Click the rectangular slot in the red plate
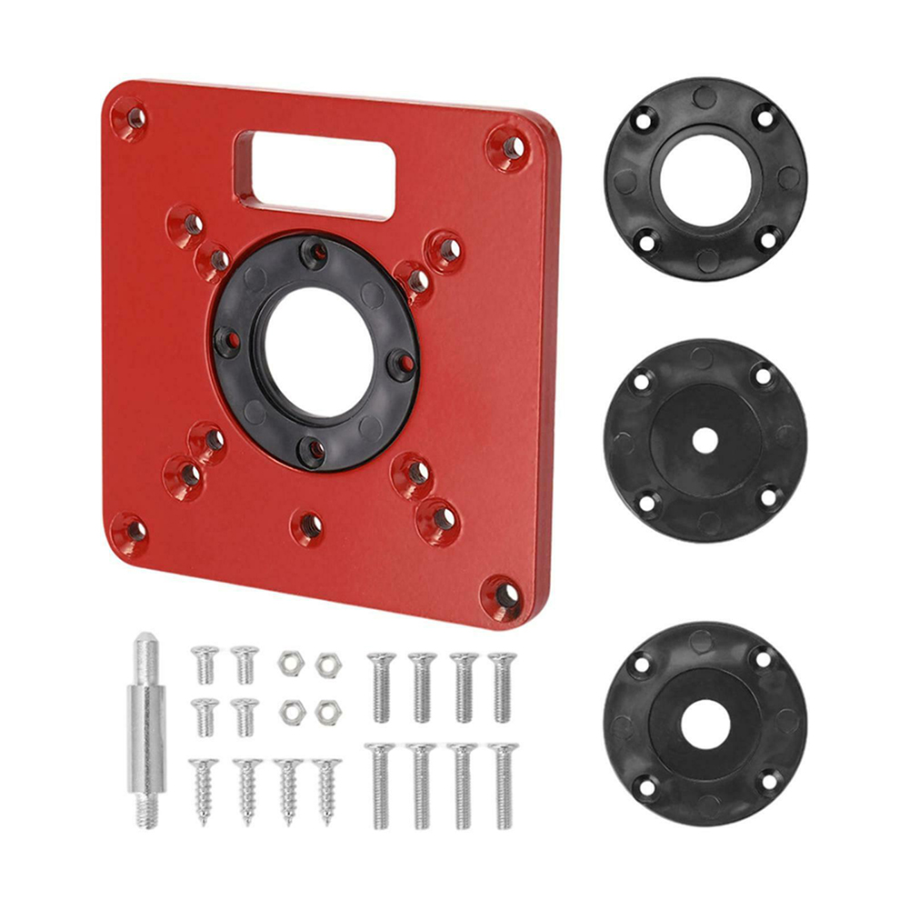315,173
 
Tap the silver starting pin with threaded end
146,727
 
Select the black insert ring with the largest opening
704,179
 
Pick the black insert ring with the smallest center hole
704,440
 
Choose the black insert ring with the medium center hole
704,724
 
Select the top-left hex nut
290,663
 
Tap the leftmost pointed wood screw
204,789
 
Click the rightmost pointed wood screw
328,789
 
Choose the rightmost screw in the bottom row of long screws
503,784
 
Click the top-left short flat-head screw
205,664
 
